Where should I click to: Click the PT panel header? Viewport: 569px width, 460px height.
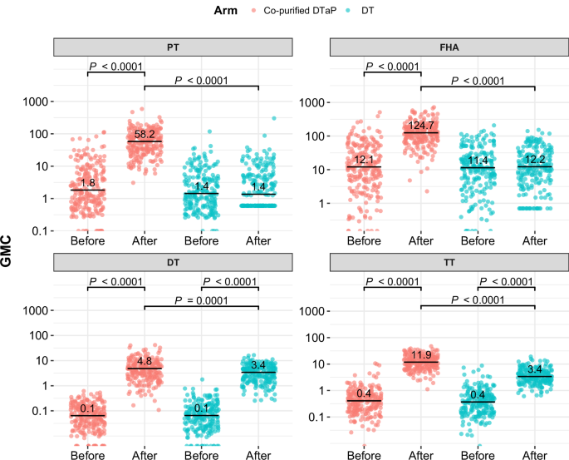point(173,47)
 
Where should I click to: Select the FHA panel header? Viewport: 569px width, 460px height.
point(449,47)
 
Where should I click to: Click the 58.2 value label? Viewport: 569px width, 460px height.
point(145,134)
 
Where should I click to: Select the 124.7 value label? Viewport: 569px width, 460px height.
point(420,126)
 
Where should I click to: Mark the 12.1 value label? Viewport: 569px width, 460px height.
point(363,160)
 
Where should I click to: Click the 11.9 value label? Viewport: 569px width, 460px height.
point(420,354)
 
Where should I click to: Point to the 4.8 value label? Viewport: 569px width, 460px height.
point(145,361)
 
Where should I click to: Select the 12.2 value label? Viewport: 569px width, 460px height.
point(535,160)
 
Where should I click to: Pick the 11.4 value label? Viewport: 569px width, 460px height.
point(478,161)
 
